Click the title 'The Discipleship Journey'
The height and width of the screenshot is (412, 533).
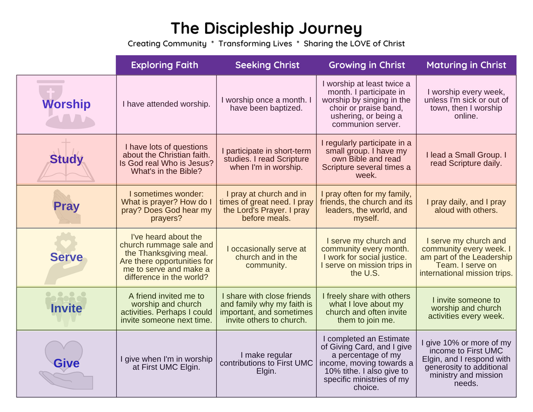[266, 28]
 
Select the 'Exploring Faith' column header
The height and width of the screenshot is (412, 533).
[164, 65]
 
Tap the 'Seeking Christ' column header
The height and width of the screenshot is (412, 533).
[267, 65]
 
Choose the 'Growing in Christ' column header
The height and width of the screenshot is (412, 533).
[367, 65]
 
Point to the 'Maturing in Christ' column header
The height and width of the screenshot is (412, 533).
[466, 65]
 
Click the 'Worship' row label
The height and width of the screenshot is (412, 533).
[66, 104]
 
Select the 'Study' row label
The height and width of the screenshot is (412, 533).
[66, 159]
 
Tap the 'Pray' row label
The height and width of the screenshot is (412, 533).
[66, 206]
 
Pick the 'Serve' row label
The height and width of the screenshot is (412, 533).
[66, 257]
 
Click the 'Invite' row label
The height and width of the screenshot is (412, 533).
[66, 308]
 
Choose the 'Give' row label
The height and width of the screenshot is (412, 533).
[66, 363]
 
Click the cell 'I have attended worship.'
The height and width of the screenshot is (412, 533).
[166, 104]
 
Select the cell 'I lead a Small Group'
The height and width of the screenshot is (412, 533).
[466, 159]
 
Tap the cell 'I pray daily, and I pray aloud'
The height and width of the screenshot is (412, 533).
[466, 206]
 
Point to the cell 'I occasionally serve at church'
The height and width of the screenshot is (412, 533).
[266, 257]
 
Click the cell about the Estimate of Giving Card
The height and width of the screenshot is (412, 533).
[367, 363]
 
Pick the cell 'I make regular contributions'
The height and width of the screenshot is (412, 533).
[266, 363]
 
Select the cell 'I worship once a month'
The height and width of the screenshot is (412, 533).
[266, 104]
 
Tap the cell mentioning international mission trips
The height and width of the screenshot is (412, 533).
[466, 257]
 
